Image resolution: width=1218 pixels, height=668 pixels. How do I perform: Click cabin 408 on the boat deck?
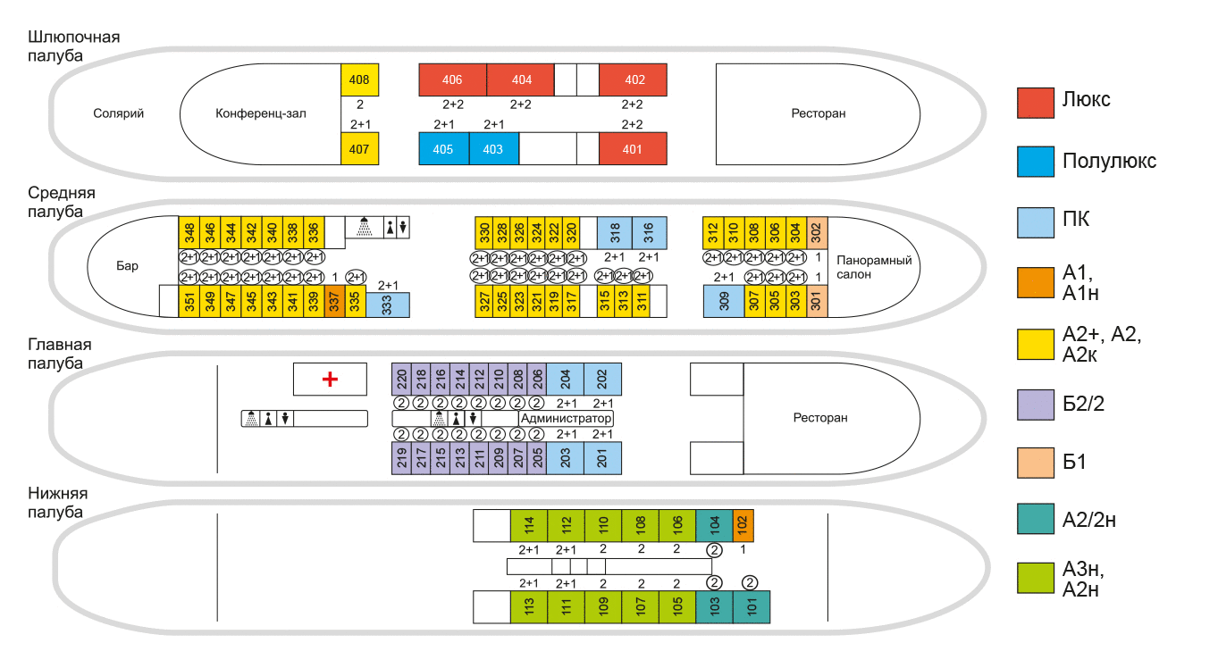pyautogui.click(x=359, y=79)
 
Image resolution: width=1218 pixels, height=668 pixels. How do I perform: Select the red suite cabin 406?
pyautogui.click(x=452, y=79)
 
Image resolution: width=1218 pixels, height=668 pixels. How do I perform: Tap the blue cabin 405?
pyautogui.click(x=443, y=148)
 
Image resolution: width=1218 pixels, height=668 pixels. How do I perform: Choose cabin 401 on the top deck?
pyautogui.click(x=633, y=148)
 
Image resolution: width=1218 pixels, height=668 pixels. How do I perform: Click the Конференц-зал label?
pyautogui.click(x=261, y=113)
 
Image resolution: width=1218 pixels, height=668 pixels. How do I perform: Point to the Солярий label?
pyautogui.click(x=118, y=113)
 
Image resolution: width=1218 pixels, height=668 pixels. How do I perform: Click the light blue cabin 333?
pyautogui.click(x=388, y=305)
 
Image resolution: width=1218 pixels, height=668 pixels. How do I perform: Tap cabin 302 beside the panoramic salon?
pyautogui.click(x=816, y=232)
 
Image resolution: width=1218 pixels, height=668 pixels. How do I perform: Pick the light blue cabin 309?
pyautogui.click(x=724, y=302)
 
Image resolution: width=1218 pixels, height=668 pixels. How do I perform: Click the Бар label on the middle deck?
pyautogui.click(x=128, y=266)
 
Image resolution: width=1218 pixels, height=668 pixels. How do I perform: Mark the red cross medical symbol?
pyautogui.click(x=330, y=380)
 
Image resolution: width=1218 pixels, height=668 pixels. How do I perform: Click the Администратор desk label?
pyautogui.click(x=566, y=419)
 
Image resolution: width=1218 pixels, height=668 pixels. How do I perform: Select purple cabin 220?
pyautogui.click(x=401, y=379)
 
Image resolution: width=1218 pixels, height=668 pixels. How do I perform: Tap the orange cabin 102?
pyautogui.click(x=743, y=525)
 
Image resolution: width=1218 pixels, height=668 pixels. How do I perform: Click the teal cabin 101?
pyautogui.click(x=751, y=606)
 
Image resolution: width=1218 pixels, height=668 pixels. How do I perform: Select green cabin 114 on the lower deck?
pyautogui.click(x=529, y=525)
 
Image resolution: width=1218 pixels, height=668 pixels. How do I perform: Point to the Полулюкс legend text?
pyautogui.click(x=1109, y=162)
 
